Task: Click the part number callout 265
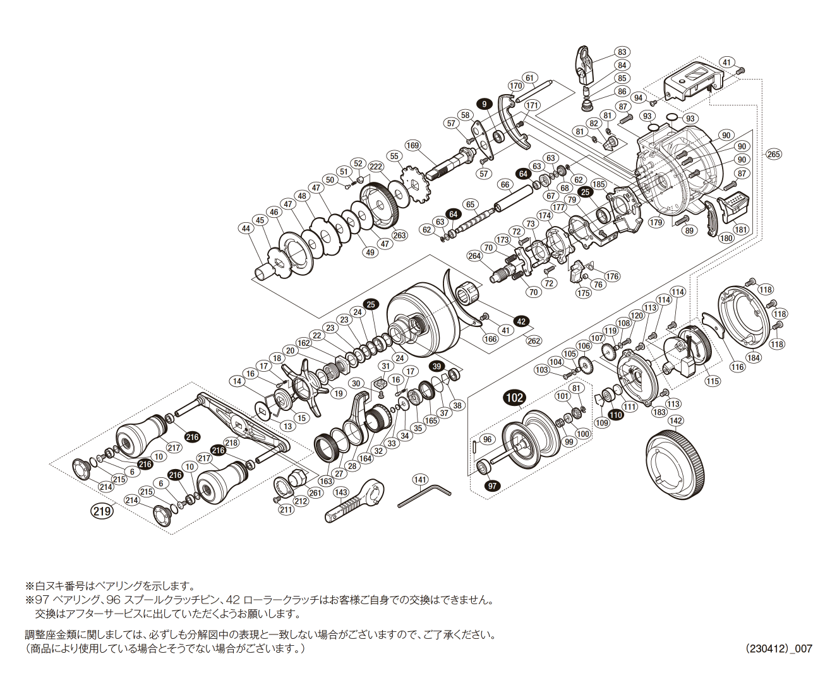tap(773, 154)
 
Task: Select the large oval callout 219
tap(102, 511)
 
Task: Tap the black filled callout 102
tap(514, 397)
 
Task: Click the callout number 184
tap(753, 358)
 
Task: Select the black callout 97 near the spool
tap(492, 486)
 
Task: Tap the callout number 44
tap(246, 229)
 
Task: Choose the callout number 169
tap(412, 146)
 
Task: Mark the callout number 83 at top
tap(622, 52)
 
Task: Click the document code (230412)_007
tap(778, 648)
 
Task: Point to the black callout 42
tap(521, 321)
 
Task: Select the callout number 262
tap(534, 340)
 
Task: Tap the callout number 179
tap(656, 222)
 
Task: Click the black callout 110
tap(615, 415)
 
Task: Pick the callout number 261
tap(315, 493)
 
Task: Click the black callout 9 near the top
tap(485, 104)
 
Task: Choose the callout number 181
tap(740, 230)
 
